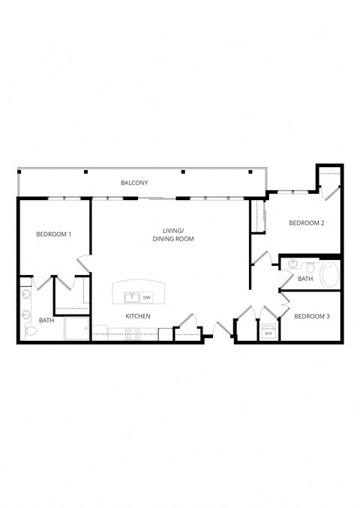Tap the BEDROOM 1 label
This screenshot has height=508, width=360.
(53, 235)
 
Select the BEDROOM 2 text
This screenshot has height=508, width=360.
(306, 223)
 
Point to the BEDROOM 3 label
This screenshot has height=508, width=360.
(311, 316)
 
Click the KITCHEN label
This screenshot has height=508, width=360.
(138, 316)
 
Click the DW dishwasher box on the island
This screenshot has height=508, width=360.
(146, 297)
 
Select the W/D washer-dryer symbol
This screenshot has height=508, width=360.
(268, 333)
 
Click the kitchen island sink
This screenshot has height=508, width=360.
(131, 297)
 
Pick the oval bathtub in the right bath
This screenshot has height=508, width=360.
(330, 275)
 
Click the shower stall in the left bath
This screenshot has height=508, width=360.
(76, 328)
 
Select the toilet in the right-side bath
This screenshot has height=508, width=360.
(292, 265)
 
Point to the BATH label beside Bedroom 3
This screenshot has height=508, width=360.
(304, 279)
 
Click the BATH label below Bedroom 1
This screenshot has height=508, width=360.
(46, 321)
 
